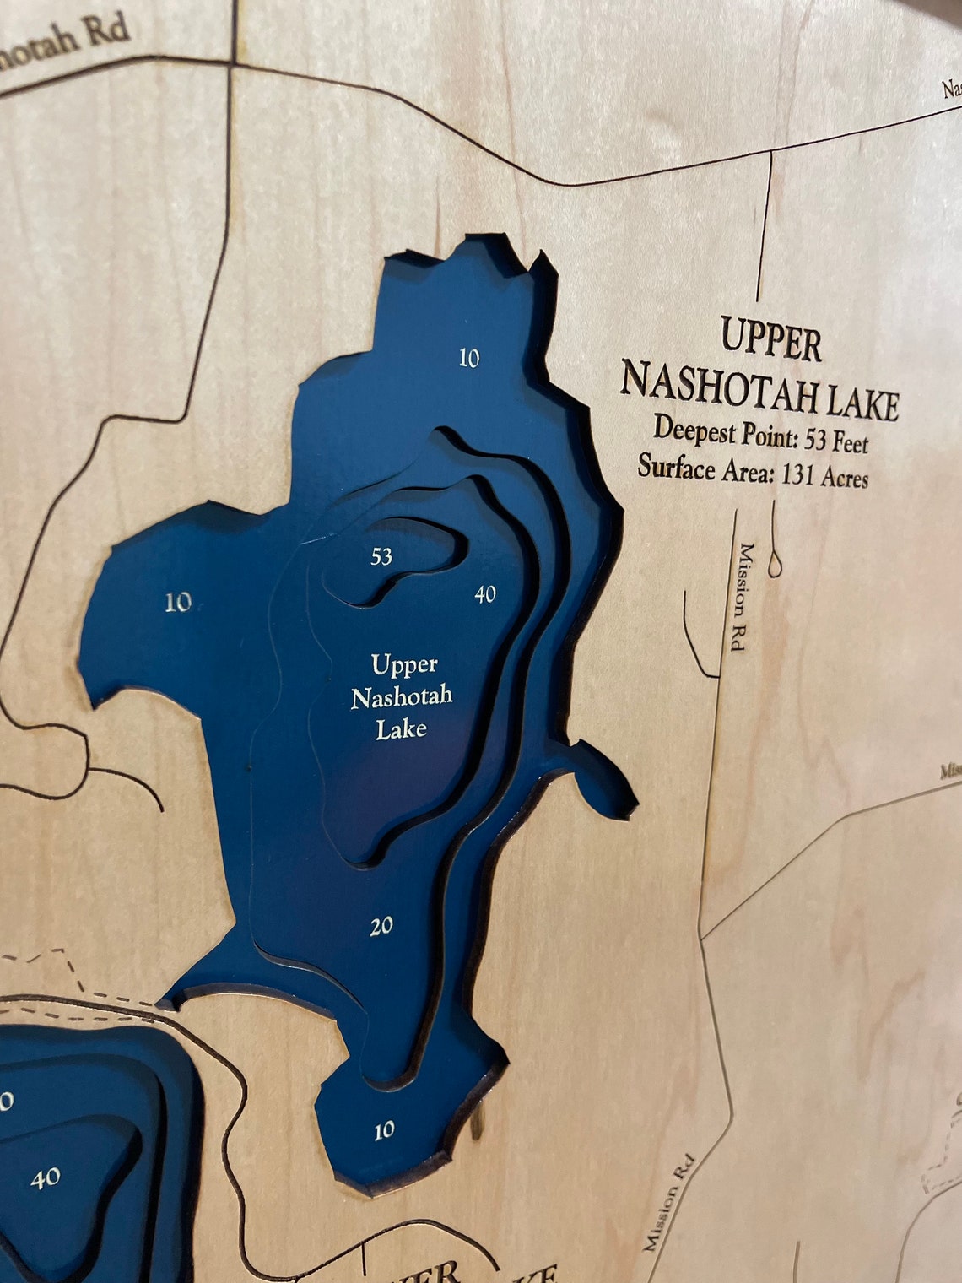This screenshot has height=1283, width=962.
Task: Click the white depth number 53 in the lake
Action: tap(381, 556)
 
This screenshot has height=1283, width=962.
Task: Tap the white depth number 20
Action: tap(381, 926)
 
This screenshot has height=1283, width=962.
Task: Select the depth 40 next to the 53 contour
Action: tap(484, 594)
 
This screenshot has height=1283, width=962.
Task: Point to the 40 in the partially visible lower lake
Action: tap(46, 1177)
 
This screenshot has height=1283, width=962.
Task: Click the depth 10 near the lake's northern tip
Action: tap(469, 358)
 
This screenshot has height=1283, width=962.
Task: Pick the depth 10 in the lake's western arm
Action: tap(178, 602)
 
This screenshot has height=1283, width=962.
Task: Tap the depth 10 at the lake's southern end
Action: tap(384, 1129)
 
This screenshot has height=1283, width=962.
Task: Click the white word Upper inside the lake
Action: tap(404, 664)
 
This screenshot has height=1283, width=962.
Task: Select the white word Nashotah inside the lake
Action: tap(402, 696)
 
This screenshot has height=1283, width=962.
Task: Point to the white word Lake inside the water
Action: tap(401, 728)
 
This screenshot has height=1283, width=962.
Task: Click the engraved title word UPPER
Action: tap(770, 340)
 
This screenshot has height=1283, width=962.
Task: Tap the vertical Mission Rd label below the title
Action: tap(743, 596)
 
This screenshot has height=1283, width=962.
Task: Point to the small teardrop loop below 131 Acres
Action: tap(775, 561)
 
